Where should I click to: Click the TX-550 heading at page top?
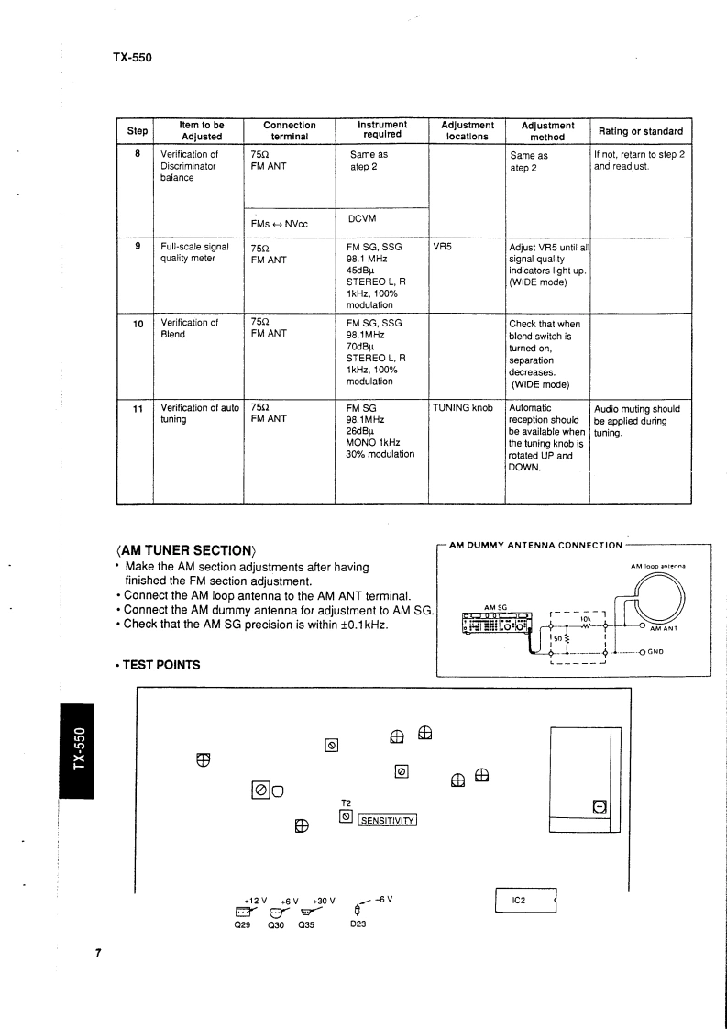click(x=132, y=57)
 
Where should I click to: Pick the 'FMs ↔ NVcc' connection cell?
click(x=280, y=224)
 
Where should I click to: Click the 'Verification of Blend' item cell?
click(x=190, y=328)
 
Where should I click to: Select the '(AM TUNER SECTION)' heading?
click(x=184, y=550)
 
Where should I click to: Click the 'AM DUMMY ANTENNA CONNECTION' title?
click(x=535, y=545)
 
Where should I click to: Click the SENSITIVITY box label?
click(x=387, y=820)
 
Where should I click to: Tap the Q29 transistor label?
click(x=243, y=925)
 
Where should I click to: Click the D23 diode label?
click(x=358, y=925)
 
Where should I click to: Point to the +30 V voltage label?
click(x=324, y=900)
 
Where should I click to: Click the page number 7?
click(x=98, y=954)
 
